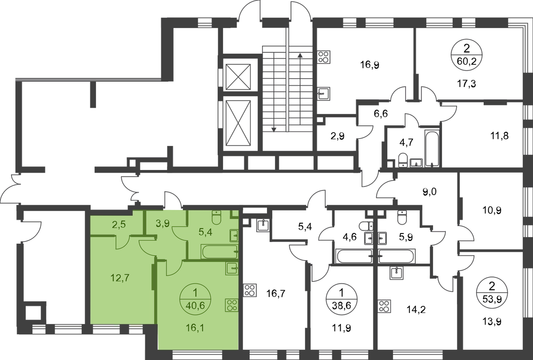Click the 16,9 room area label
tap(370, 65)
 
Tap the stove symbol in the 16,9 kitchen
tap(324, 57)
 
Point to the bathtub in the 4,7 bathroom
tap(432, 148)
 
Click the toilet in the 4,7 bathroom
tap(403, 160)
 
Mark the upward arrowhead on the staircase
tap(300, 55)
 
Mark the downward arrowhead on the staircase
tap(274, 130)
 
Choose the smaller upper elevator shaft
tap(238, 77)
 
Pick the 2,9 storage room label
tap(338, 136)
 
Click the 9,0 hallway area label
tap(430, 192)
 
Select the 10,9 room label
tap(492, 210)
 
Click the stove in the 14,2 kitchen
tap(384, 306)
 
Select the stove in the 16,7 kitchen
tap(250, 290)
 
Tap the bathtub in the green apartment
tap(219, 252)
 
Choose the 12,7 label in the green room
tap(120, 277)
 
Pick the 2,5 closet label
tap(119, 225)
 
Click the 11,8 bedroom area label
tap(499, 136)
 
